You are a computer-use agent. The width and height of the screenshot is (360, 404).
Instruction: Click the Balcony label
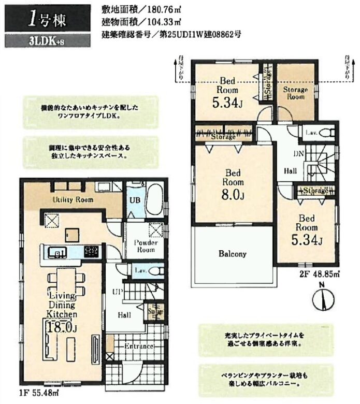coord(232,254)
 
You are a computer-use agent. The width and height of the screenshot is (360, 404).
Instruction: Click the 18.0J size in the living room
coord(62,327)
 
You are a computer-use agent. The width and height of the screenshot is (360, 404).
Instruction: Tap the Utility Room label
coord(73,199)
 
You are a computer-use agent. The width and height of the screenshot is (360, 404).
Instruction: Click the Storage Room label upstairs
coord(295,93)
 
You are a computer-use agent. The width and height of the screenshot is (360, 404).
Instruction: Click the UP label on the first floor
coord(118,293)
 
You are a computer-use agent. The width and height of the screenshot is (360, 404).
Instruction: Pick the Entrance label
coord(138,347)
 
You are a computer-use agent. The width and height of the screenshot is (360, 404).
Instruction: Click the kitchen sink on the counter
coord(56,253)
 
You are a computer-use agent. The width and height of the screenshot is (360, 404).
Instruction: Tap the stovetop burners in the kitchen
coord(91,252)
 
